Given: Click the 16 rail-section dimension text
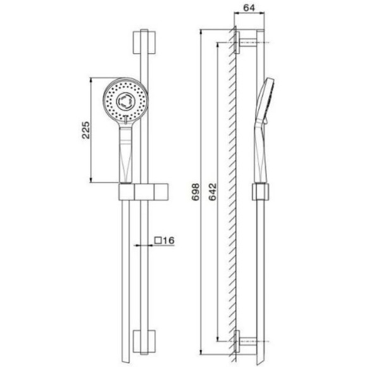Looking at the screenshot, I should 168,240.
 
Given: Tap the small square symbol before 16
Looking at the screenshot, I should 158,240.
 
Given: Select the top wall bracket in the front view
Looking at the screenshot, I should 145,44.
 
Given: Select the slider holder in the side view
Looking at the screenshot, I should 259,190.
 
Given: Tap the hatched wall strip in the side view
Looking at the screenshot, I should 235,190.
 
